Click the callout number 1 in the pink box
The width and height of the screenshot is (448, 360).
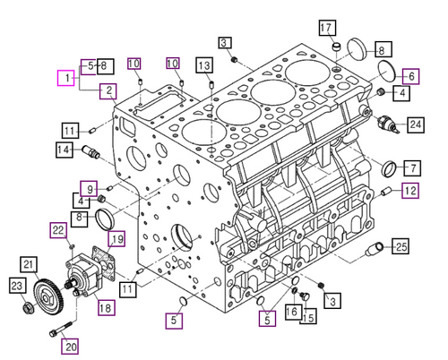65,80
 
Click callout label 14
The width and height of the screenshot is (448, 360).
64,150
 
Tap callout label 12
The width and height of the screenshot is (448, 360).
409,190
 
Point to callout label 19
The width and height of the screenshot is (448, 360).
116,237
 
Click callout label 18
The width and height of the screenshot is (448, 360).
106,308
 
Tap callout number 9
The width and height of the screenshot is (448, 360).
88,187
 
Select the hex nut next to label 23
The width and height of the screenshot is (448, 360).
27,311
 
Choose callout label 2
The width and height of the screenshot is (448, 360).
107,90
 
